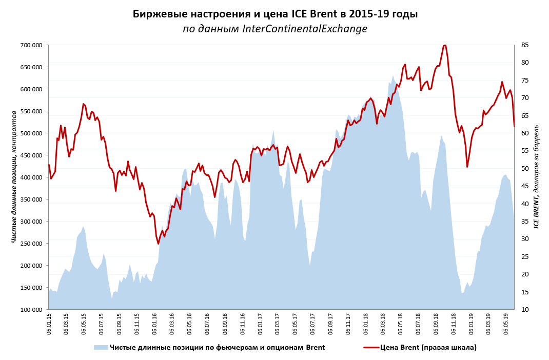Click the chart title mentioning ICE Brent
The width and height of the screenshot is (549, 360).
[x=275, y=14]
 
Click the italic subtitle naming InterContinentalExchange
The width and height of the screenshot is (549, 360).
[x=275, y=29]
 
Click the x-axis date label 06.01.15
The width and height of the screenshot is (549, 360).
[x=49, y=324]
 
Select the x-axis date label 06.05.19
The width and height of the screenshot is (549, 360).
[x=506, y=324]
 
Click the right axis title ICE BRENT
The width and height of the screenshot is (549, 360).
[x=536, y=177]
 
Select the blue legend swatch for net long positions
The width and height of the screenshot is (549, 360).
[x=101, y=347]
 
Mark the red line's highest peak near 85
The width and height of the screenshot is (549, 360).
[x=444, y=45]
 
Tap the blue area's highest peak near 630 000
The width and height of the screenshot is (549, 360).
[x=393, y=76]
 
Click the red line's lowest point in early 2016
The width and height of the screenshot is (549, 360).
[x=158, y=244]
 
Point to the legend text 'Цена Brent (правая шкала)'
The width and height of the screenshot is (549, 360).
[x=428, y=347]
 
